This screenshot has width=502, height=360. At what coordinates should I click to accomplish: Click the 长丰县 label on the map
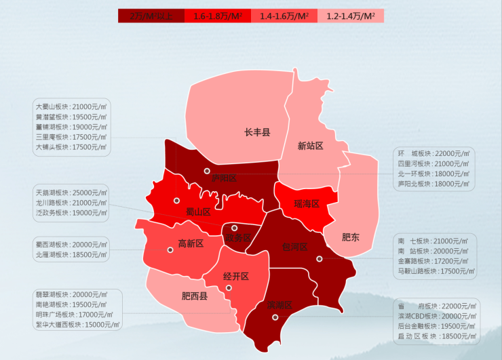[x=257, y=132]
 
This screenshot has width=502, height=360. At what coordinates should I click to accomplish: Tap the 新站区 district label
[x=310, y=146]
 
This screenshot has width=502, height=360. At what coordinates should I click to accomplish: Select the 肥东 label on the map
[x=351, y=237]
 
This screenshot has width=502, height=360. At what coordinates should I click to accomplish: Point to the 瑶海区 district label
[x=307, y=203]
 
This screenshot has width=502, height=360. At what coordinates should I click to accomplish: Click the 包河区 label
[x=294, y=246]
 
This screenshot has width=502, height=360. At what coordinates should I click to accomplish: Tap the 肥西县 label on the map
[x=195, y=296]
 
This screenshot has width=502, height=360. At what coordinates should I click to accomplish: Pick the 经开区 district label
[x=235, y=276]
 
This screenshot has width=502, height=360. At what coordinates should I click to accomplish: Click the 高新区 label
[x=191, y=243]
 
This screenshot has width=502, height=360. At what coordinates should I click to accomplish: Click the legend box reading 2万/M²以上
[x=151, y=16]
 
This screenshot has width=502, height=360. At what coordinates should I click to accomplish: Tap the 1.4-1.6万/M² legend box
[x=284, y=16]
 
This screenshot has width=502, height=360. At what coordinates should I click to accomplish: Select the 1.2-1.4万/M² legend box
[x=351, y=16]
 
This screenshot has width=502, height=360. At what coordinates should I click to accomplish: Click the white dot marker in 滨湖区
[x=275, y=317]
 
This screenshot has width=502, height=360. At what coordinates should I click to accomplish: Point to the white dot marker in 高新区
[x=170, y=249]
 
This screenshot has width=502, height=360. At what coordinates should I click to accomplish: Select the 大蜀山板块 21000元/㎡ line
[x=71, y=107]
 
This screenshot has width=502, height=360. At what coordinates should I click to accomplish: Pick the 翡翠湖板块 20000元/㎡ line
[x=71, y=295]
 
